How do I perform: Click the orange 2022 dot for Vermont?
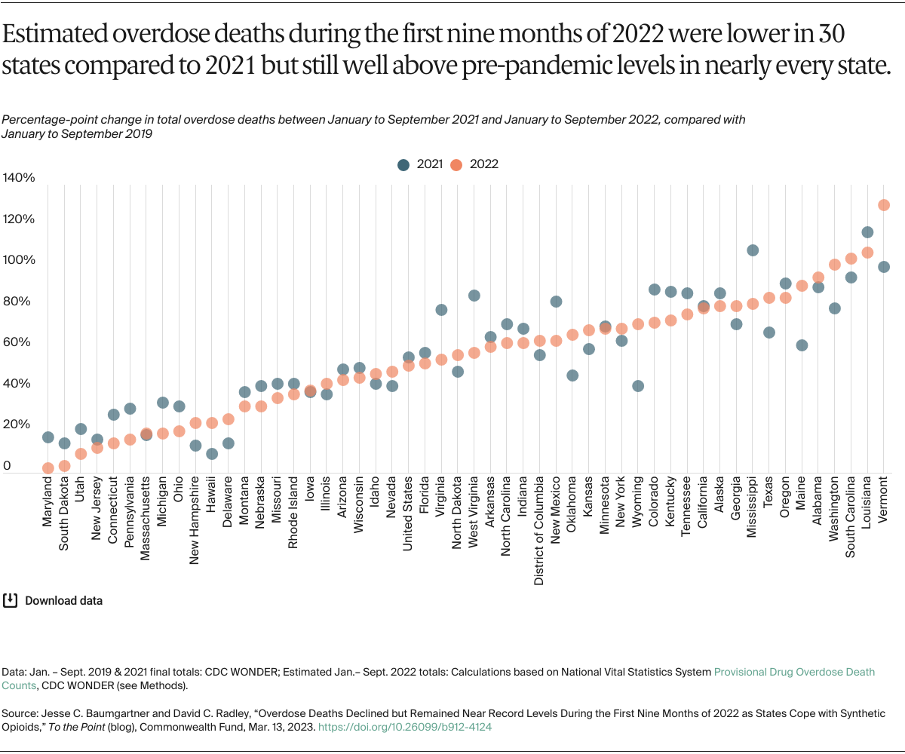tap(884, 205)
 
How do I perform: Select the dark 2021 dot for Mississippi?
tap(752, 250)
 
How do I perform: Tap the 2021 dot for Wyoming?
tap(637, 386)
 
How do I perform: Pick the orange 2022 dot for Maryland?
tap(48, 468)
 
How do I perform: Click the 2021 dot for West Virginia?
tap(474, 296)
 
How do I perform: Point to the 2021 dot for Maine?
tap(802, 345)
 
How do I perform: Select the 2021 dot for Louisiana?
tap(867, 232)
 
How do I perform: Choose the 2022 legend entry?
tap(476, 164)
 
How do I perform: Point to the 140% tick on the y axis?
tap(19, 178)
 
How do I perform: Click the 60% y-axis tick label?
tap(19, 342)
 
